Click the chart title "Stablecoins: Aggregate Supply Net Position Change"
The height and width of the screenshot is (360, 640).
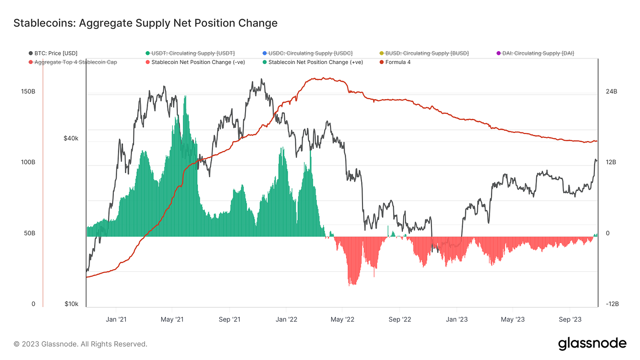(x=145, y=23)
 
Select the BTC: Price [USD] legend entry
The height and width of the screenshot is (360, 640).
(x=56, y=53)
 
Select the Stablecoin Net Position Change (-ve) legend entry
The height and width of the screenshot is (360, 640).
(x=198, y=62)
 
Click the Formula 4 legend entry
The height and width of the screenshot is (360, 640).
(x=398, y=62)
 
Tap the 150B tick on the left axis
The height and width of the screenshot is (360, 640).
(x=28, y=91)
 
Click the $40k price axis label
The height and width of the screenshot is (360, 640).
(x=71, y=138)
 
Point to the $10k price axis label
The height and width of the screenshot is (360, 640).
(x=71, y=304)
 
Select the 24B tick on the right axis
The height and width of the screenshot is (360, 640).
(x=611, y=91)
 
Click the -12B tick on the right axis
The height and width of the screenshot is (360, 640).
(x=612, y=304)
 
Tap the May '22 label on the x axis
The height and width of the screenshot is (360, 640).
(x=343, y=320)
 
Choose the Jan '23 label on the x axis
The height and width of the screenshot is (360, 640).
(x=457, y=320)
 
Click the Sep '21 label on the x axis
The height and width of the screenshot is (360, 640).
(x=229, y=320)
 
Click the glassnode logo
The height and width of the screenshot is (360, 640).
(x=592, y=344)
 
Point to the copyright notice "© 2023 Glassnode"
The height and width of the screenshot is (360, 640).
(x=80, y=344)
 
